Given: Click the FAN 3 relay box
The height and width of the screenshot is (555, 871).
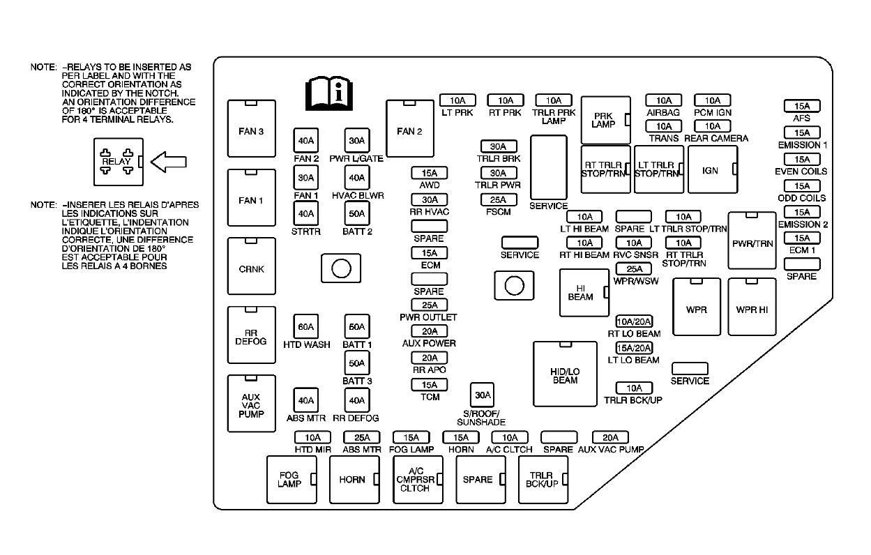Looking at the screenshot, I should (251, 130).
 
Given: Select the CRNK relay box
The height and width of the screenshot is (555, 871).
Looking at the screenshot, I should (251, 269).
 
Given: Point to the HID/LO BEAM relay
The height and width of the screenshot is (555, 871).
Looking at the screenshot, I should (565, 374).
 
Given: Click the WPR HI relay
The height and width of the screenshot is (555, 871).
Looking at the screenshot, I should (751, 307).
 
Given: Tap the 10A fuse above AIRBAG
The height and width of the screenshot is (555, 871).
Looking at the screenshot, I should (663, 100).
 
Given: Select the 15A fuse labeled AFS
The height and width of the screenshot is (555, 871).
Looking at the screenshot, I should (802, 107).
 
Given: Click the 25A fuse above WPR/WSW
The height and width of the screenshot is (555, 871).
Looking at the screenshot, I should (634, 269).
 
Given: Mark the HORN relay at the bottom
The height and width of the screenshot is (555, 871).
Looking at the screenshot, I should (354, 479).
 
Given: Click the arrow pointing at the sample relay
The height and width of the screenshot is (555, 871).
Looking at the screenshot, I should (168, 162).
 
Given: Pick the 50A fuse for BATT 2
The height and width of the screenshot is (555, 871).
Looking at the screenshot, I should (356, 213).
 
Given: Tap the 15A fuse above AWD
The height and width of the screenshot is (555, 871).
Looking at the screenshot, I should (429, 173).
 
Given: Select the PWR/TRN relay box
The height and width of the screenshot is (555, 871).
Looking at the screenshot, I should (752, 241).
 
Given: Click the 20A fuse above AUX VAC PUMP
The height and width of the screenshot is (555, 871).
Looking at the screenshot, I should (610, 437).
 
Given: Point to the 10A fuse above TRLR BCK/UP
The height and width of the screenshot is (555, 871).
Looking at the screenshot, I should (634, 388).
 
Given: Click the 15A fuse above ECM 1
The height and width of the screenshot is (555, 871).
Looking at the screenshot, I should (802, 238).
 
